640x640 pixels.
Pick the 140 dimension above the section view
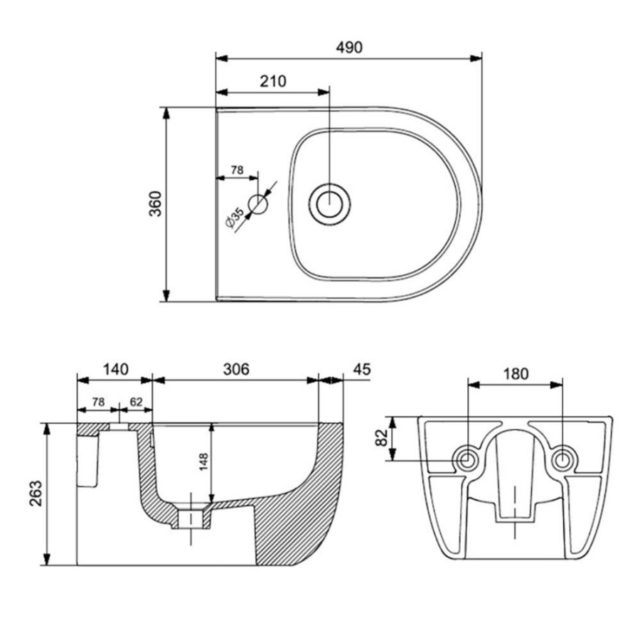tap(114, 369)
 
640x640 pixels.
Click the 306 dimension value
tap(235, 369)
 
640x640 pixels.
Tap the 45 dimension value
tap(361, 369)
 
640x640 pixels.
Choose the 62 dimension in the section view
tap(137, 402)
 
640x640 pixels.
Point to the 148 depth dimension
tap(203, 463)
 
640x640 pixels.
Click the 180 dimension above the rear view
tap(516, 374)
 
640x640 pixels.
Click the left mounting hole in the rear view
tap(467, 459)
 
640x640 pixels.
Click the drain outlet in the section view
tap(191, 517)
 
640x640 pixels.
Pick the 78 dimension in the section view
tap(98, 402)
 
